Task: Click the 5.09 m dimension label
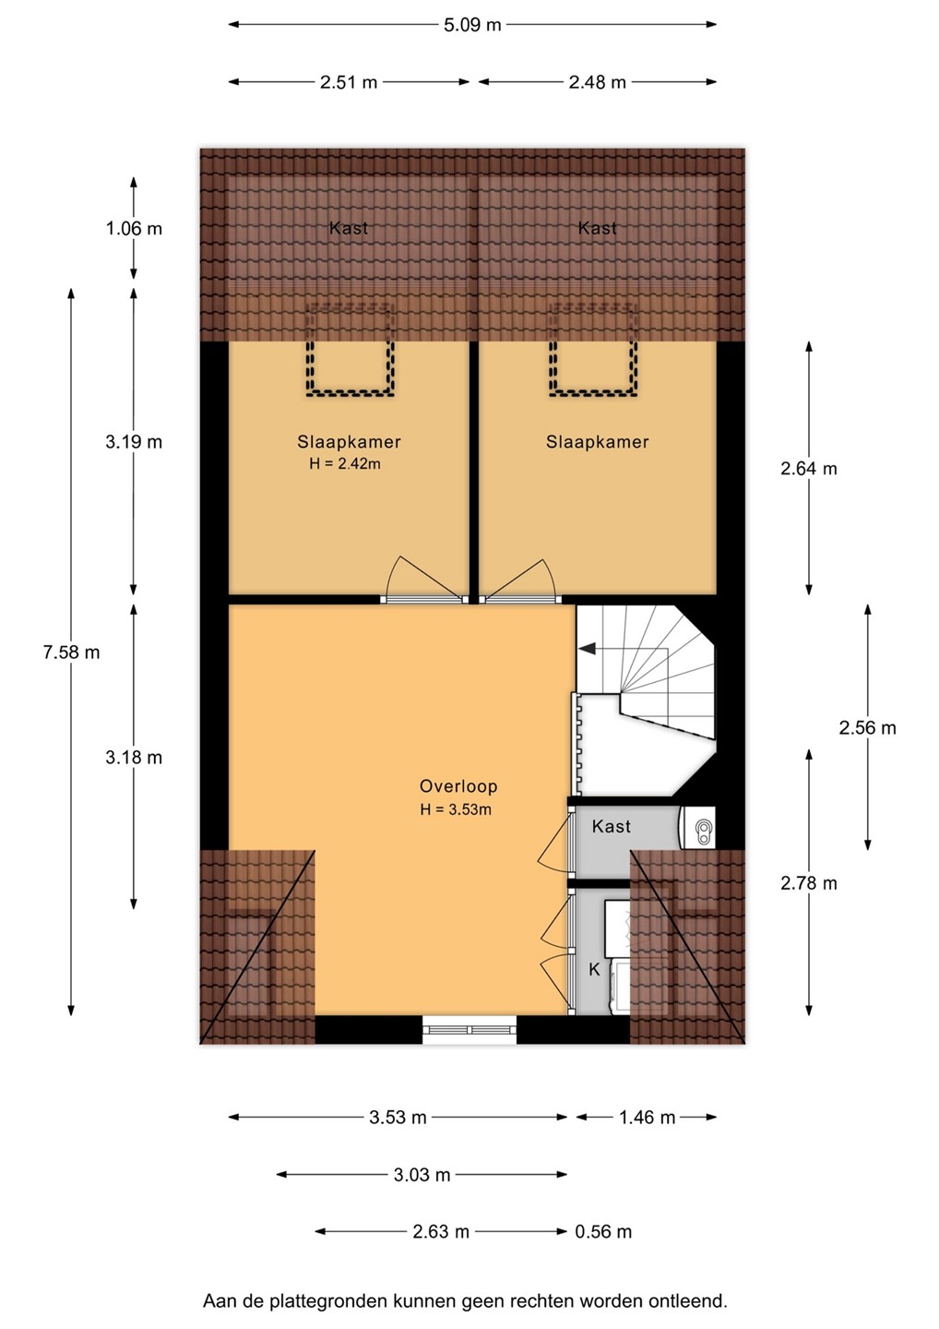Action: (472, 25)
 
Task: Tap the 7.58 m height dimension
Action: (71, 653)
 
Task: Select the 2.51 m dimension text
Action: (349, 82)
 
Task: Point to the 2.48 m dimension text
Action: (598, 82)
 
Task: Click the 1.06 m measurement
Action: (134, 229)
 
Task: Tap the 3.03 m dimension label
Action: (422, 1175)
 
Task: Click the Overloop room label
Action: (458, 786)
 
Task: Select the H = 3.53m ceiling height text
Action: (456, 809)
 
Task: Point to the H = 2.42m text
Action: (345, 464)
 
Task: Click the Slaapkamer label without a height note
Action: (598, 442)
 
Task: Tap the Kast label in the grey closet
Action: (612, 827)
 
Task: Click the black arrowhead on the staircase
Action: (587, 649)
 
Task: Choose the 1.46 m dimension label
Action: (648, 1118)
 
